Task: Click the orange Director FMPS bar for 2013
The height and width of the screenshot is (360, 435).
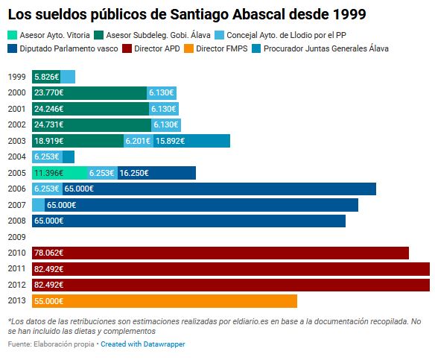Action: [165, 301]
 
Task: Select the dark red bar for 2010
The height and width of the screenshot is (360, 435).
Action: [220, 253]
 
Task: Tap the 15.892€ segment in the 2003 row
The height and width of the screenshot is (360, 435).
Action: [191, 141]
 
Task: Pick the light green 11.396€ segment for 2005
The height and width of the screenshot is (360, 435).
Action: [60, 173]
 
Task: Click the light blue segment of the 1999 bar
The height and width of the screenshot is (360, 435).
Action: [68, 77]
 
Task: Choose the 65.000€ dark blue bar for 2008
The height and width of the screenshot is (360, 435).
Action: [188, 221]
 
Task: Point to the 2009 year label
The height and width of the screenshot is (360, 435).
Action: [16, 237]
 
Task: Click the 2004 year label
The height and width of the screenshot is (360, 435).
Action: [16, 157]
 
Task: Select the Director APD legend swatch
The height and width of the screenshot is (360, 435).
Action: [127, 48]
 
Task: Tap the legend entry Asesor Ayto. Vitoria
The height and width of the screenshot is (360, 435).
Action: [49, 35]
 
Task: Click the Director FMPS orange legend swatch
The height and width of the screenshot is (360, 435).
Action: [188, 48]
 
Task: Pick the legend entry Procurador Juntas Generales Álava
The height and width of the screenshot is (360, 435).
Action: [320, 48]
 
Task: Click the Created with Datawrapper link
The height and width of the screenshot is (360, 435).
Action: [142, 344]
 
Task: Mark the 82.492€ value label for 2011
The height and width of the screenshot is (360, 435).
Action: [49, 269]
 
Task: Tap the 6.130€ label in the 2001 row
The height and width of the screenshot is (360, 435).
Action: [164, 109]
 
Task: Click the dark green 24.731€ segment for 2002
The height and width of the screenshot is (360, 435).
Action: [92, 125]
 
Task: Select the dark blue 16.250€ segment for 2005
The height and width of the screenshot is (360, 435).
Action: [156, 173]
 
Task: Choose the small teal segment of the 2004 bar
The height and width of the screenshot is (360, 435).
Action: [69, 157]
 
